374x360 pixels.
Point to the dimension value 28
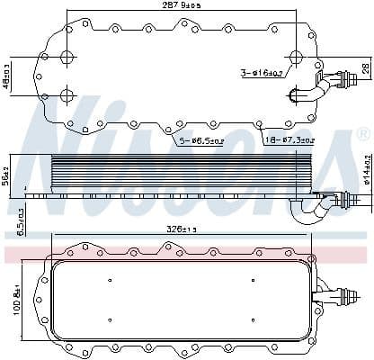(365, 69)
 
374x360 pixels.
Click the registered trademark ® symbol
(361, 133)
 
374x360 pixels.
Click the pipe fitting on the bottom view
(340, 292)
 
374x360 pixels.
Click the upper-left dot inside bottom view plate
(110, 276)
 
